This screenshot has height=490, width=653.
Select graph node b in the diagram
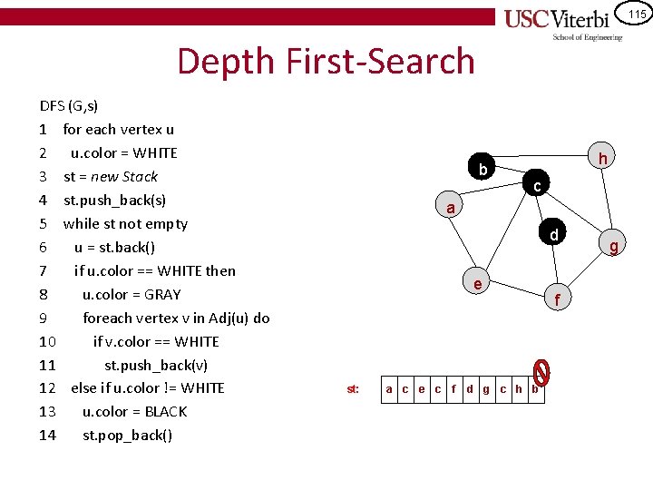(x=483, y=170)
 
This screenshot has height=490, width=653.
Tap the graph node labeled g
(x=614, y=246)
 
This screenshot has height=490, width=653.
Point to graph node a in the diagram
(x=451, y=208)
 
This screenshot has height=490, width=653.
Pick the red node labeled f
(x=558, y=299)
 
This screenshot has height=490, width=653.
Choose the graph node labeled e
(x=478, y=284)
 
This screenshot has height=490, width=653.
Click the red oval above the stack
(x=541, y=370)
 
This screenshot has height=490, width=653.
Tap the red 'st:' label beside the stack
(x=353, y=389)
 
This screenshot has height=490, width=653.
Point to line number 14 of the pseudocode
(x=48, y=435)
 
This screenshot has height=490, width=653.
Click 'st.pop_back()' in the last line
(x=128, y=435)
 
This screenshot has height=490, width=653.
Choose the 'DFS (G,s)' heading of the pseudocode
(x=69, y=105)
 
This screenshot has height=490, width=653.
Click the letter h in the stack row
(x=519, y=389)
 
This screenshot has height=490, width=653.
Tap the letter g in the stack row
(x=486, y=389)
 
